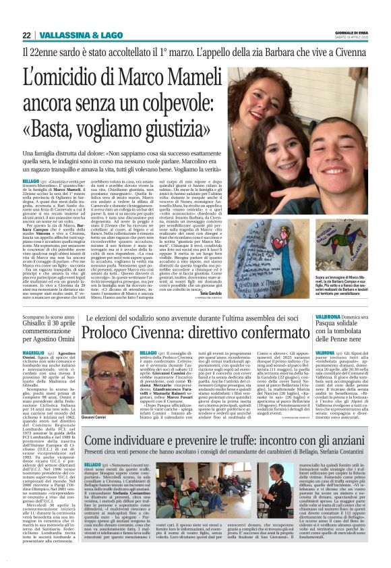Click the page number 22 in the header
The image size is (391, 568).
26,35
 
